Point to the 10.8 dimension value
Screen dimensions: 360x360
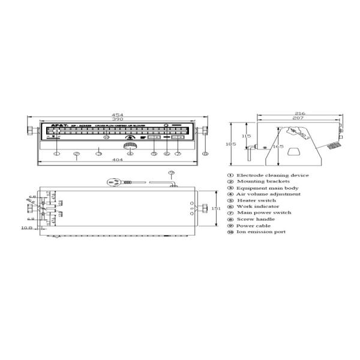coord(27,228)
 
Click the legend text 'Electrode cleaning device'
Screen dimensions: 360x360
coord(272,175)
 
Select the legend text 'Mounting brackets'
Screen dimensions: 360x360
coord(263,181)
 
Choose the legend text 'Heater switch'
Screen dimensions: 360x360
coord(256,200)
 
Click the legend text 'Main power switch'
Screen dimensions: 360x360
coord(264,212)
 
